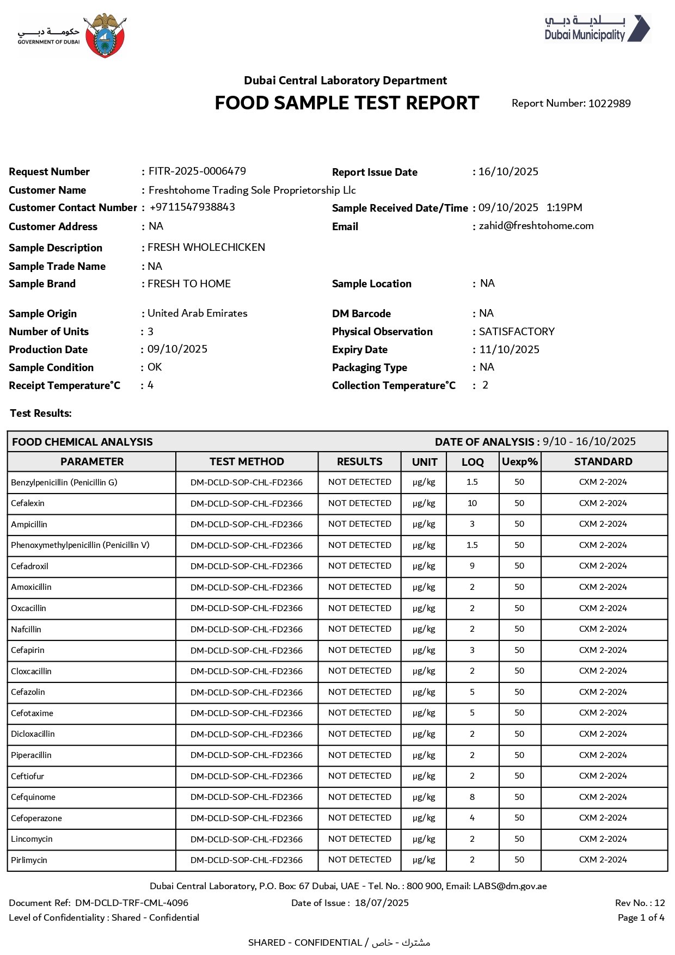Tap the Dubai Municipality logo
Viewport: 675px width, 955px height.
(x=597, y=28)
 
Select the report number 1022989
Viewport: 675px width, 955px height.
(x=609, y=103)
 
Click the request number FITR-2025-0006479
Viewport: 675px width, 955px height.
(x=197, y=171)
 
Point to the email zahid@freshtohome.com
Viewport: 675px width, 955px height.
(x=536, y=226)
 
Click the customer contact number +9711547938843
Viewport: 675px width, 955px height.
(x=192, y=207)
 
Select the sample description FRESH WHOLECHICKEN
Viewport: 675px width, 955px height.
(x=206, y=248)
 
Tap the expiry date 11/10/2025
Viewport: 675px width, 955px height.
(x=510, y=349)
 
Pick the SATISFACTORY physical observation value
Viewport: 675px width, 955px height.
(x=517, y=331)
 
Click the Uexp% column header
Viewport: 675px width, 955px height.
(x=519, y=462)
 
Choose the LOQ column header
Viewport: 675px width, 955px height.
(x=472, y=462)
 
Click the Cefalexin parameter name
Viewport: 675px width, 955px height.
(x=28, y=503)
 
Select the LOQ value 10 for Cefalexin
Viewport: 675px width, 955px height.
(x=472, y=503)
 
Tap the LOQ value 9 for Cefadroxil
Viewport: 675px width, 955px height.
(x=472, y=566)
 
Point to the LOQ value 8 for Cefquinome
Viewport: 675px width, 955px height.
(x=472, y=797)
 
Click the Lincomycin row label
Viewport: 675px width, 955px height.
(x=32, y=839)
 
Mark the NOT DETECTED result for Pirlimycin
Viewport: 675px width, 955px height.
(x=359, y=860)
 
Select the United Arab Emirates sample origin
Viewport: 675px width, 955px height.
(x=198, y=313)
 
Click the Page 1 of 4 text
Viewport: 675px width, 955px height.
(x=641, y=917)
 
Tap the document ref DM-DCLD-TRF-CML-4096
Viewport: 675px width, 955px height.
(x=132, y=903)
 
